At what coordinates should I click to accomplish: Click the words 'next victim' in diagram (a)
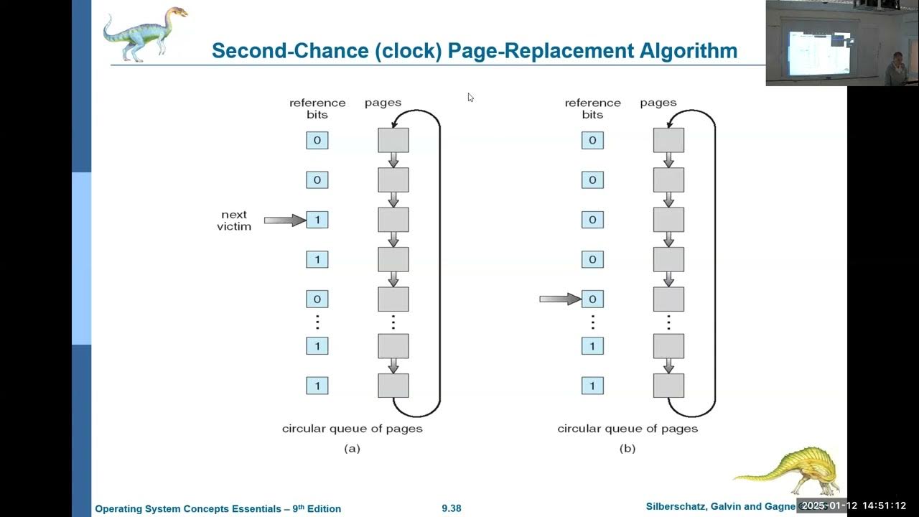click(234, 220)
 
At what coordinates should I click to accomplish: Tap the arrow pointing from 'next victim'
click(284, 220)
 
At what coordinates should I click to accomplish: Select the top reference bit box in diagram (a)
click(317, 140)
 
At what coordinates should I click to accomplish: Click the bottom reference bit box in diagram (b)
click(592, 386)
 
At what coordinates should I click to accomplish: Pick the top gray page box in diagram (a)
click(393, 140)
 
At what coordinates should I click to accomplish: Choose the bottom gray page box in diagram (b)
click(668, 386)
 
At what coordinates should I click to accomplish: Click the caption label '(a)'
click(352, 449)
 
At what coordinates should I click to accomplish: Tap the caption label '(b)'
click(628, 449)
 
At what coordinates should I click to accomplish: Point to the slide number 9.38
click(452, 508)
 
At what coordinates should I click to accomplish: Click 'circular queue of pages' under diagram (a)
click(352, 429)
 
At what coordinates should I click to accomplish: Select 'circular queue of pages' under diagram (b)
click(628, 429)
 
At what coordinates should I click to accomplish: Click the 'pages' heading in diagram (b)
click(658, 103)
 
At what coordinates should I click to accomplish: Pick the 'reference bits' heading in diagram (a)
click(317, 108)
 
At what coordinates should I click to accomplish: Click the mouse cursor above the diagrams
click(471, 98)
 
